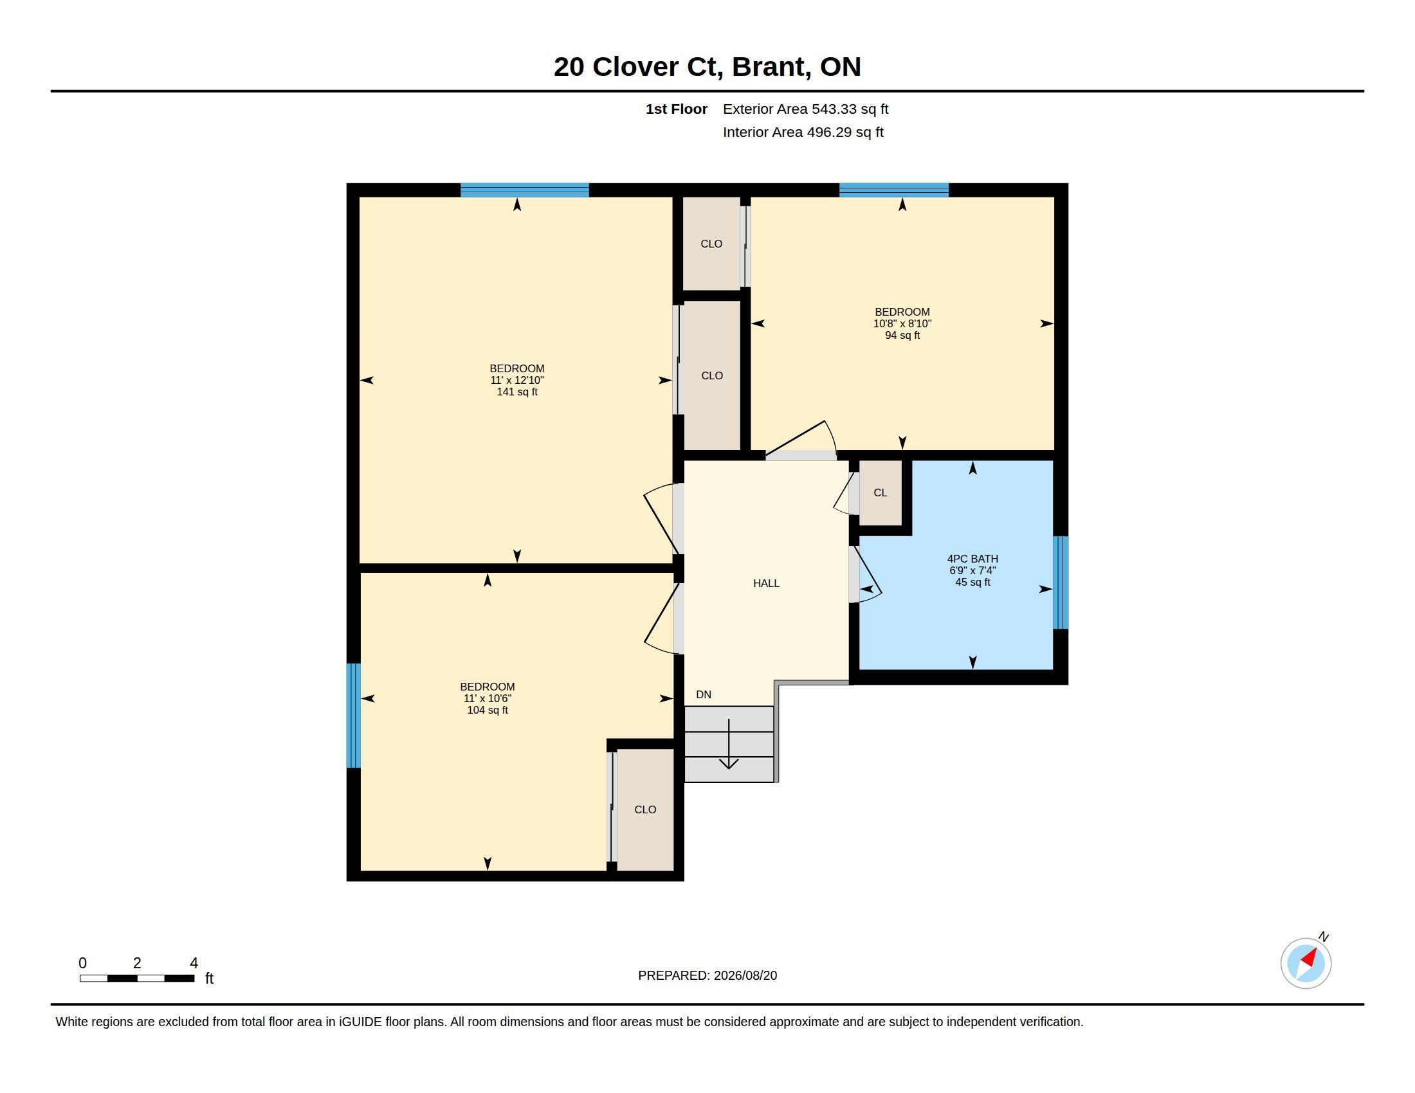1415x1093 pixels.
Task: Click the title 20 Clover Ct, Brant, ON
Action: click(x=707, y=67)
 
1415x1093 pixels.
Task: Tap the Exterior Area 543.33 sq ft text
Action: click(x=805, y=109)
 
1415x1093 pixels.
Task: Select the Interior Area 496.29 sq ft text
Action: click(x=803, y=132)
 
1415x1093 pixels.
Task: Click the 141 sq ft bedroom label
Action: click(x=517, y=380)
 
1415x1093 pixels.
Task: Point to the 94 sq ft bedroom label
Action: click(x=902, y=323)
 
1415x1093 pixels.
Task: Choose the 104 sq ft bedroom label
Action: click(x=488, y=698)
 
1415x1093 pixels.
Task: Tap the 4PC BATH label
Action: click(x=972, y=559)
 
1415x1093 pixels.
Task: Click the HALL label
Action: click(x=766, y=583)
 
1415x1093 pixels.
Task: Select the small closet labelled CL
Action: click(x=880, y=492)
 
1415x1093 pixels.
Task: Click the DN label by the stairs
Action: click(x=704, y=695)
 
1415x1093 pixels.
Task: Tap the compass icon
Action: click(x=1306, y=963)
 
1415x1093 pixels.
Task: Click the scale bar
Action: click(x=137, y=979)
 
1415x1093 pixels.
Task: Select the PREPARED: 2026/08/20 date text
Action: click(x=707, y=975)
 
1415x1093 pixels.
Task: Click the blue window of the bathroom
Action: click(x=1061, y=583)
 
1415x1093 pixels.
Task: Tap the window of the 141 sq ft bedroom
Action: click(x=525, y=190)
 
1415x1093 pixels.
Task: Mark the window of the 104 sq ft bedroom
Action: click(x=353, y=716)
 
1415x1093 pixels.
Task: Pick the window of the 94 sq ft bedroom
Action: click(x=894, y=190)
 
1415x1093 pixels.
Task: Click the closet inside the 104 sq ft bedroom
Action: click(x=645, y=810)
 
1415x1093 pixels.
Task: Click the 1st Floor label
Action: click(x=677, y=109)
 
